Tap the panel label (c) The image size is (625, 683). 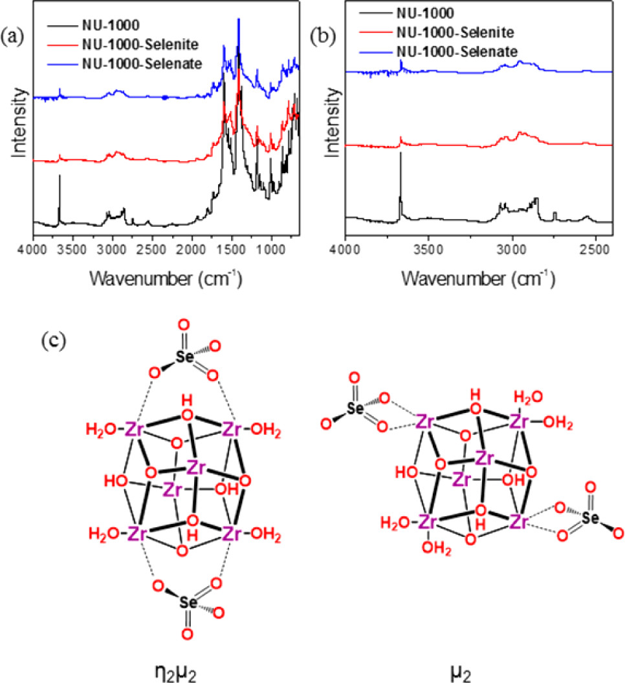click(54, 339)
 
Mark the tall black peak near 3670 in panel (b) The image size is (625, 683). click(400, 155)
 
